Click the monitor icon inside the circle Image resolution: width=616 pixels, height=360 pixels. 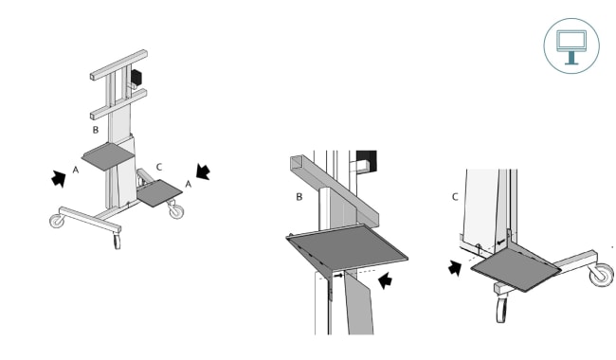tap(571, 46)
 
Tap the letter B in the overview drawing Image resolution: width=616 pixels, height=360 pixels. tap(96, 130)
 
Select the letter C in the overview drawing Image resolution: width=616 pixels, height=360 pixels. tap(158, 168)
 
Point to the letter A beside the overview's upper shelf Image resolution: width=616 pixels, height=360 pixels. tap(76, 170)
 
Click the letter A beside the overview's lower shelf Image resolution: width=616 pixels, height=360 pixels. tap(189, 184)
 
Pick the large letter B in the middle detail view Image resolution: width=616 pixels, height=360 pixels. tap(299, 197)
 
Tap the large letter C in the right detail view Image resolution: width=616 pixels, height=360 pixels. tap(455, 197)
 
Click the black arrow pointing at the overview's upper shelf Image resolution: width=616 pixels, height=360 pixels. tap(59, 179)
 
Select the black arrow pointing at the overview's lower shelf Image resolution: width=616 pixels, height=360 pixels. tap(203, 172)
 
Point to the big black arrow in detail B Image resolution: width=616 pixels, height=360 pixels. tap(385, 280)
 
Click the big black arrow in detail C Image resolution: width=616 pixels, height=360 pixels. tap(455, 268)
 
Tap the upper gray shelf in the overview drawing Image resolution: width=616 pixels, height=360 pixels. tap(108, 156)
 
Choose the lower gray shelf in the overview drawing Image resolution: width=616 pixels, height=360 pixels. tap(159, 193)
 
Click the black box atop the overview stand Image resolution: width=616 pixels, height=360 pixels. tap(136, 77)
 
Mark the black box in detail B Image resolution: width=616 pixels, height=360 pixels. tap(367, 160)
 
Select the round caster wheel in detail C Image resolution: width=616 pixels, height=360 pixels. tap(601, 274)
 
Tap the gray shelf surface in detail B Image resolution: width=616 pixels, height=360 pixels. tap(347, 249)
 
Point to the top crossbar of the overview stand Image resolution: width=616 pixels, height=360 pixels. tap(118, 64)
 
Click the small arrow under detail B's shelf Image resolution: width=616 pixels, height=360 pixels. tap(338, 276)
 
